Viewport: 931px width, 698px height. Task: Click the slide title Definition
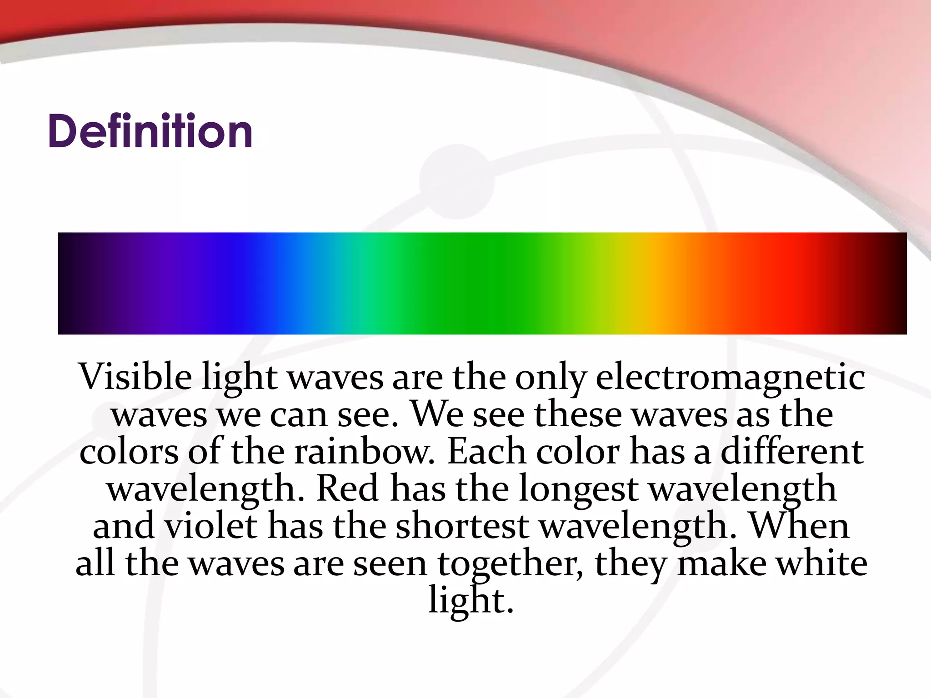pyautogui.click(x=150, y=131)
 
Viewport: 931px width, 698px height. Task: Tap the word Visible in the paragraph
pyautogui.click(x=135, y=377)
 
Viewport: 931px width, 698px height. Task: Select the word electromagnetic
pyautogui.click(x=730, y=377)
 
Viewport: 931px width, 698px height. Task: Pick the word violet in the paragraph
pyautogui.click(x=210, y=526)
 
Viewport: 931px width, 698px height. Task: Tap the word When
pyautogui.click(x=799, y=526)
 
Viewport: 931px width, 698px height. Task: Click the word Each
pyautogui.click(x=486, y=452)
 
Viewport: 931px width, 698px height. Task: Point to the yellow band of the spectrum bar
pyautogui.click(x=636, y=284)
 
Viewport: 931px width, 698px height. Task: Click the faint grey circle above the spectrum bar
pyautogui.click(x=456, y=182)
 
